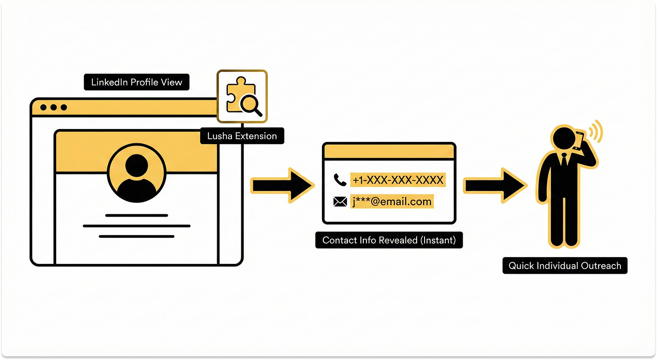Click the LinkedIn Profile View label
[x=136, y=82]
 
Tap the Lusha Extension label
[x=242, y=136]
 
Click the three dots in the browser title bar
[x=53, y=107]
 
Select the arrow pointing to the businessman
[x=495, y=185]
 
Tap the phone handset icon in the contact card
[x=340, y=180]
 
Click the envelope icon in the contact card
[x=340, y=202]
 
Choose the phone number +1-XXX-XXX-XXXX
[x=398, y=180]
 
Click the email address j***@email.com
[x=392, y=202]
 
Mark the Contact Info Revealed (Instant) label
[x=389, y=240]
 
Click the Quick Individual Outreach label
[x=565, y=266]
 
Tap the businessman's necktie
[x=563, y=160]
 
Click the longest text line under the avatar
[x=136, y=226]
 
